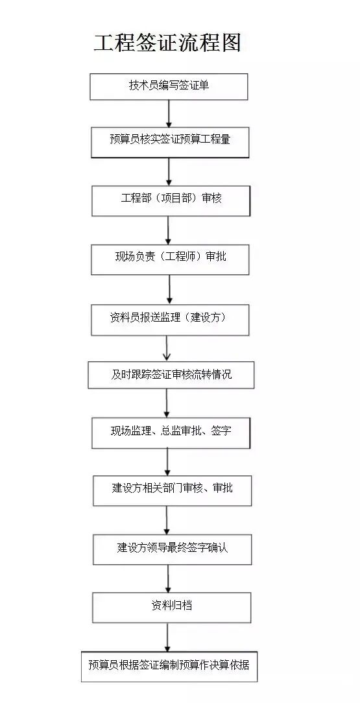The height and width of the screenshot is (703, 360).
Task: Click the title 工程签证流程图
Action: click(x=167, y=42)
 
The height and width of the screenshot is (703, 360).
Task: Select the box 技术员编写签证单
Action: click(x=169, y=86)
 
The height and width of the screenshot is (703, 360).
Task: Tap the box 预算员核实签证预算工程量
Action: click(x=170, y=140)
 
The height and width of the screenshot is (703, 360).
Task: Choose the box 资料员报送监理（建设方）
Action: click(x=170, y=319)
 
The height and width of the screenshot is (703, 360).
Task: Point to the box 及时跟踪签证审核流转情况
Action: click(x=171, y=375)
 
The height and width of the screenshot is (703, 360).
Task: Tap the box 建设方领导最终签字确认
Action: click(x=172, y=549)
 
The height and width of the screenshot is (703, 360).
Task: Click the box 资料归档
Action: click(x=171, y=607)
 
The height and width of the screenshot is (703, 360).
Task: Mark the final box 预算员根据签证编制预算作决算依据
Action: click(x=169, y=666)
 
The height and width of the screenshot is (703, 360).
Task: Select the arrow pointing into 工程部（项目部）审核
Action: click(x=169, y=172)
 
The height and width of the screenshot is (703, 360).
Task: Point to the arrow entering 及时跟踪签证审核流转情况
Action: click(x=167, y=348)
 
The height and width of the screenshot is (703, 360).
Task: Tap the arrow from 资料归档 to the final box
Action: click(x=167, y=637)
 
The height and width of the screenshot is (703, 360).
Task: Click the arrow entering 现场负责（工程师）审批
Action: click(x=169, y=230)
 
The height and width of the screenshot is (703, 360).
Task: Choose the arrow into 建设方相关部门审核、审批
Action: click(x=168, y=462)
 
